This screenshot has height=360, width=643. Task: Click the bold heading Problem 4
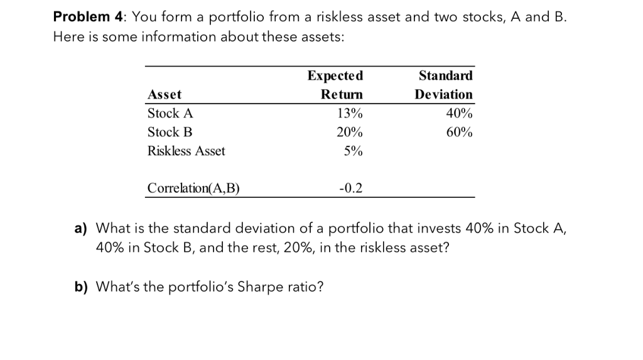click(x=82, y=17)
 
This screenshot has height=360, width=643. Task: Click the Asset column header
click(x=164, y=94)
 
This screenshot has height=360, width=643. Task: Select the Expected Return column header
click(x=335, y=85)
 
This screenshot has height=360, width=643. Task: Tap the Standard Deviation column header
click(x=444, y=85)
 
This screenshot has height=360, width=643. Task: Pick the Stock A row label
click(x=170, y=114)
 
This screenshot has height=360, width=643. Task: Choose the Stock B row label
click(x=170, y=133)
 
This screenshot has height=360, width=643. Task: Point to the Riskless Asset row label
click(x=186, y=151)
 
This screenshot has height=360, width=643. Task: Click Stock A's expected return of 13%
click(x=350, y=114)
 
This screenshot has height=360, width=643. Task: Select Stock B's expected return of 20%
click(x=350, y=133)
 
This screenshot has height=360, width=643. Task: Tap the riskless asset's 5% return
click(x=353, y=151)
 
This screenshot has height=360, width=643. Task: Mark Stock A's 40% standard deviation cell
click(x=460, y=114)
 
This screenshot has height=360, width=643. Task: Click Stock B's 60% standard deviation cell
click(x=460, y=133)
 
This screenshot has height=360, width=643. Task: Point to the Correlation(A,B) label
click(x=193, y=188)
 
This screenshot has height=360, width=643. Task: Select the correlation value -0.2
click(x=350, y=188)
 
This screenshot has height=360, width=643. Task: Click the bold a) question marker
click(x=81, y=227)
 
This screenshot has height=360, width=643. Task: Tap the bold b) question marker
click(x=81, y=287)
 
